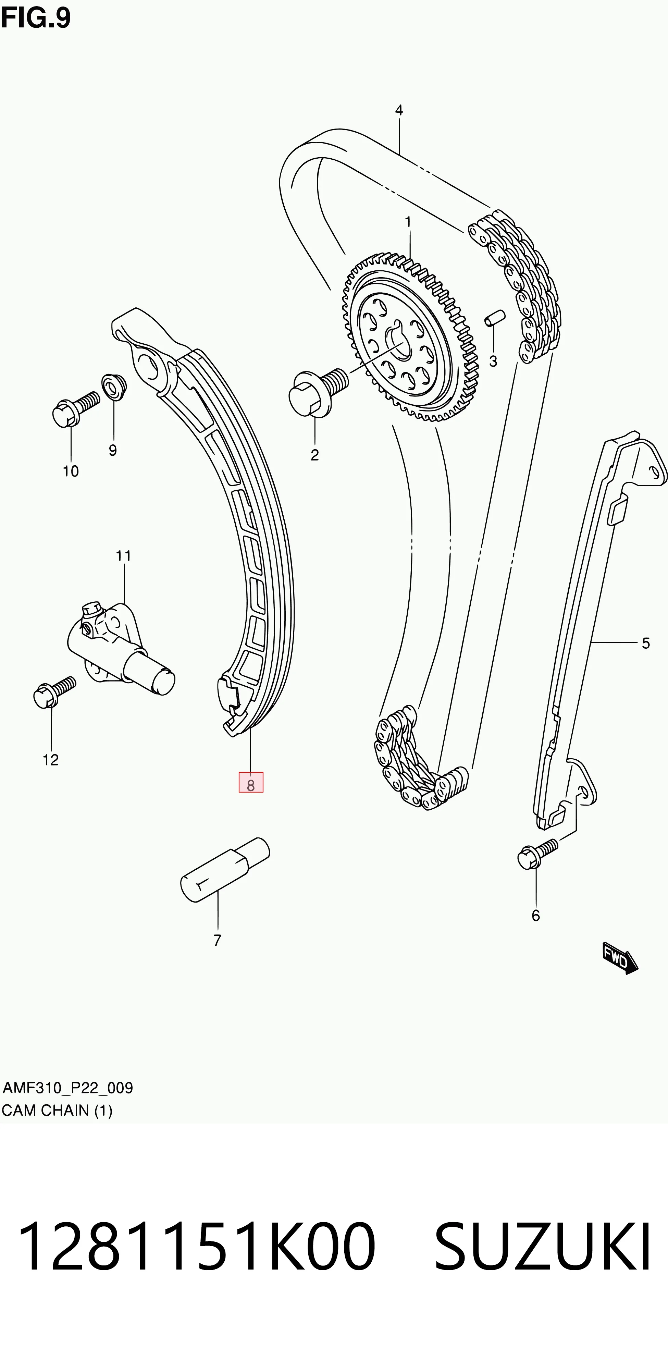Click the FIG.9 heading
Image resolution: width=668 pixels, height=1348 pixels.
point(36,18)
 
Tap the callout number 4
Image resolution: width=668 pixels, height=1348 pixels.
point(399,110)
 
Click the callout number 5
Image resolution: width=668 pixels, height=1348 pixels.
point(646,643)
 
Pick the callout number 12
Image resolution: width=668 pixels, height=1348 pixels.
point(50,760)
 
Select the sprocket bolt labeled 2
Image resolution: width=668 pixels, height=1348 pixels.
point(318,392)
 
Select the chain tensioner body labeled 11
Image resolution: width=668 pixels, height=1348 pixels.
point(120,649)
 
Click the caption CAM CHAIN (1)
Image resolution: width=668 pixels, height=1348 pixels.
point(57,1111)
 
